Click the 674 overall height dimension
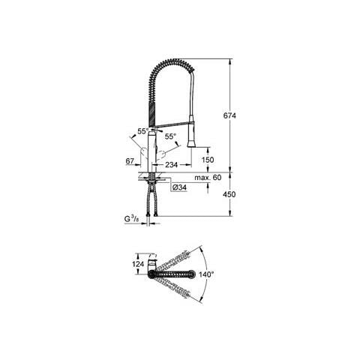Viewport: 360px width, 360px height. [229, 115]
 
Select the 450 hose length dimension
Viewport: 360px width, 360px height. [229, 194]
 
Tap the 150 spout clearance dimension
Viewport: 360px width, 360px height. [208, 160]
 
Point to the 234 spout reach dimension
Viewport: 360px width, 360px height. [172, 165]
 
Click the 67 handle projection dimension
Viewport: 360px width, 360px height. [130, 161]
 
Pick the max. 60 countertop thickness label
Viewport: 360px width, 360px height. [208, 178]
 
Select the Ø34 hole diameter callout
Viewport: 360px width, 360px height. [179, 187]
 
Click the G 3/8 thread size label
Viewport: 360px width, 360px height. [131, 219]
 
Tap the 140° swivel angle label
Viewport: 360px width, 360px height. [206, 274]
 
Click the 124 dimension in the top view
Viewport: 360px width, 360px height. [138, 264]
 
